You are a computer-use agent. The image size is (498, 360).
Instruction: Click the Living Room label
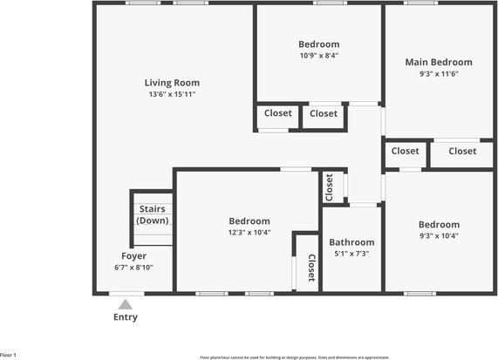pos(172,83)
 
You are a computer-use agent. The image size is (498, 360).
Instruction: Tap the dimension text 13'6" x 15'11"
pos(172,94)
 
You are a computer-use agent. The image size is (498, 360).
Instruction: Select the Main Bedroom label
pos(438,62)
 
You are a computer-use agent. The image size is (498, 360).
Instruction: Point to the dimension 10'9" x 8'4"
pos(318,56)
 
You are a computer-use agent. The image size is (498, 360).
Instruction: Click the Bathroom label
pos(351,242)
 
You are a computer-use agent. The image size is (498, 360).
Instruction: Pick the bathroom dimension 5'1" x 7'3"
pos(351,254)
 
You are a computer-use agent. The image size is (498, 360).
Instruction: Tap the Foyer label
pos(133,256)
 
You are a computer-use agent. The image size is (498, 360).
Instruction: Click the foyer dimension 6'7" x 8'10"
pos(133,268)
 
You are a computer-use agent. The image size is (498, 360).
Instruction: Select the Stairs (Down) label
pos(153,214)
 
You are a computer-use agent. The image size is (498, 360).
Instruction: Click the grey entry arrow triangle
pos(126,304)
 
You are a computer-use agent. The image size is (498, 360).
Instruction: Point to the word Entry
pos(126,317)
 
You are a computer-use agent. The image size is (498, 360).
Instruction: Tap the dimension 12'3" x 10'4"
pos(249,233)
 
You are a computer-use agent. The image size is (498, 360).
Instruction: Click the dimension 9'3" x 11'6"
pos(438,74)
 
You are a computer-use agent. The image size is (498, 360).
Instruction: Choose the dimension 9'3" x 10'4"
pos(438,235)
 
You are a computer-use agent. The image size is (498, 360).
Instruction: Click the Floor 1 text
pos(9,355)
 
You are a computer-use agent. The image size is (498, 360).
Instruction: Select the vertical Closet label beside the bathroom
pos(311,269)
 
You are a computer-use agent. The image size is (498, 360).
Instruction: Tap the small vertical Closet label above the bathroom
pos(330,185)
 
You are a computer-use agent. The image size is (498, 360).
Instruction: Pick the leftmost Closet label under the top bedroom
pos(277,113)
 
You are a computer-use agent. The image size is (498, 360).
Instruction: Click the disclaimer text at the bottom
pos(295,357)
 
